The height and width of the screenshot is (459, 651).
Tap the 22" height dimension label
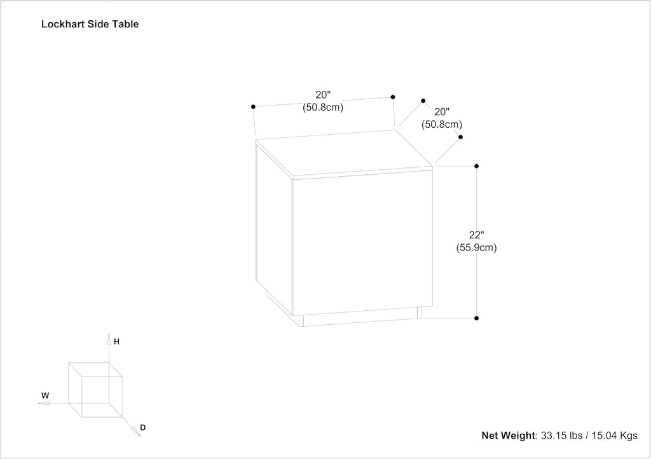pos(477,235)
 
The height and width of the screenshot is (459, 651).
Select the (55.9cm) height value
pos(477,248)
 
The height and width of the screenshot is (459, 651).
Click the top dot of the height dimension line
pos(477,166)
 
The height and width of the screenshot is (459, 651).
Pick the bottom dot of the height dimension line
pos(477,319)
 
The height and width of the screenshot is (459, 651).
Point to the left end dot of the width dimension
pos(253,107)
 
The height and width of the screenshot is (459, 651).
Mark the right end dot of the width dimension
pos(393,97)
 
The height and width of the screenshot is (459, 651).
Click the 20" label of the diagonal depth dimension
pos(442,112)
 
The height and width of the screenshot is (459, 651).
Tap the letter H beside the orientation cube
pos(117,341)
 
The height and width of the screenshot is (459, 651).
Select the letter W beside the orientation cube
pos(45,395)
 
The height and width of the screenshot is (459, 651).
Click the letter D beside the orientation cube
pos(143,427)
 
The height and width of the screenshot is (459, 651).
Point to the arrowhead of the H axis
pos(109,339)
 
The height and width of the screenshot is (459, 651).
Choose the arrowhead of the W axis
pos(44,403)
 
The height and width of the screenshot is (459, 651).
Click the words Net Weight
pos(509,435)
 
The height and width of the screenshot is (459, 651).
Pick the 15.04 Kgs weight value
pos(615,435)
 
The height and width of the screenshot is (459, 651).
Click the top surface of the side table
pos(344,153)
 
